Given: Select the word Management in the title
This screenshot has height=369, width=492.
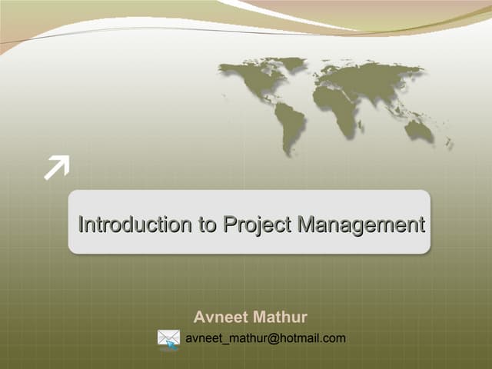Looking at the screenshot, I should pos(361,225).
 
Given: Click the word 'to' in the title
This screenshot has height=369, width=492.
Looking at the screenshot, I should pos(204,225).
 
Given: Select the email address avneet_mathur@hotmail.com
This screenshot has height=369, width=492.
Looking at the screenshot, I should pos(265,337).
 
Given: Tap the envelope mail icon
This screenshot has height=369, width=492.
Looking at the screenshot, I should pos(168,338).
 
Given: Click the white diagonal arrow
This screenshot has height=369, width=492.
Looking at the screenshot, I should pos(56,167).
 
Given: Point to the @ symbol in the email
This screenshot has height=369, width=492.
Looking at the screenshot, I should pos(272,337).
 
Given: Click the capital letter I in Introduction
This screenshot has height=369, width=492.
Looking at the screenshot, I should pos(81,225).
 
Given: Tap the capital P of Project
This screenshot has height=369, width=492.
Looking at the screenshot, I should pos(229,225).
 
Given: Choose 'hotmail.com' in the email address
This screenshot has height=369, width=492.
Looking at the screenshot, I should pos(311,337).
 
